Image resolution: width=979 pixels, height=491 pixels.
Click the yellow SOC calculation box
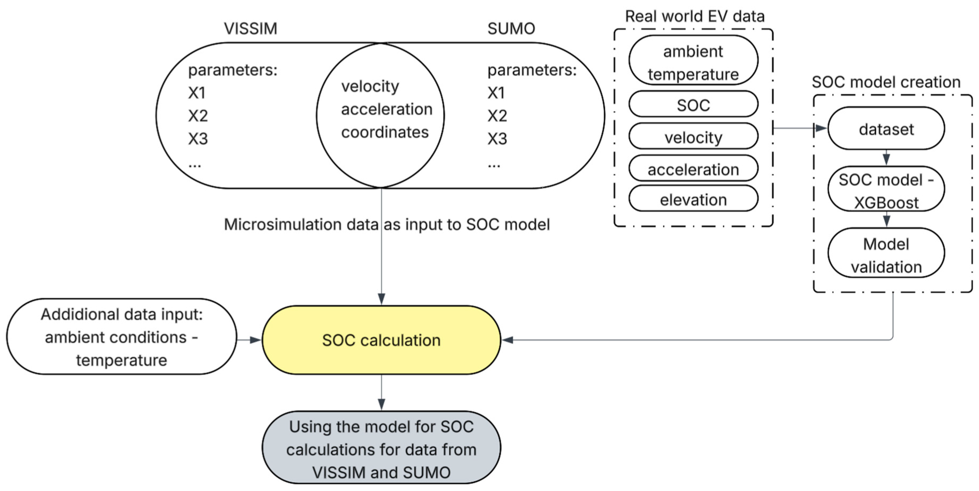click(x=381, y=340)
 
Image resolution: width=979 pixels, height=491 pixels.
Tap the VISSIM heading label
click(x=250, y=29)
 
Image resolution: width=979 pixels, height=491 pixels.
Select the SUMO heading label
click(x=511, y=29)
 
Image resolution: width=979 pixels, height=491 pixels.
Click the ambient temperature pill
click(x=693, y=60)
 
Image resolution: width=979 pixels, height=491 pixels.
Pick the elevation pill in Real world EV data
click(x=693, y=199)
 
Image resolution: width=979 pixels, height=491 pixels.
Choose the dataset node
click(x=886, y=129)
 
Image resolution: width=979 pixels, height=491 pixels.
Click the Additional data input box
click(x=122, y=337)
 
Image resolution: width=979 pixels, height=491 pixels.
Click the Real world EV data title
click(x=694, y=16)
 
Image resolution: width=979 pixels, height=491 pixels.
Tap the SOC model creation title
click(x=886, y=82)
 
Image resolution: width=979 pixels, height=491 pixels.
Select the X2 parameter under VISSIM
click(x=198, y=115)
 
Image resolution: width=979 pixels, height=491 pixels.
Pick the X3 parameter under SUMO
click(x=497, y=139)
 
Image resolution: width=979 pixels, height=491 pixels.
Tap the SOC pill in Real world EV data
click(x=693, y=105)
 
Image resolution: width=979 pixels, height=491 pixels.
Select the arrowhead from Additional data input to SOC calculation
click(x=255, y=340)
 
